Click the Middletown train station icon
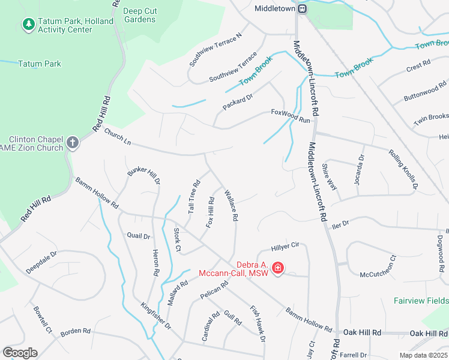coord(303,8)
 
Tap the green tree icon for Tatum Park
coord(28,24)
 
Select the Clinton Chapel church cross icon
coord(73,143)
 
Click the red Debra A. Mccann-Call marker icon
coord(278,268)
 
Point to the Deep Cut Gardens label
coord(139,15)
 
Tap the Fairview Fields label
coord(421,301)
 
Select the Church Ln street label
coord(117,139)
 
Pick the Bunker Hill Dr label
coord(144,173)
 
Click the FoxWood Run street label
coord(291,116)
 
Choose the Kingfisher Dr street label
coord(156,317)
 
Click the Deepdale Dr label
coord(41,262)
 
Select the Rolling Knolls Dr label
coord(403,170)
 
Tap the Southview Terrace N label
coord(215,49)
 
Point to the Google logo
coord(20,353)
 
